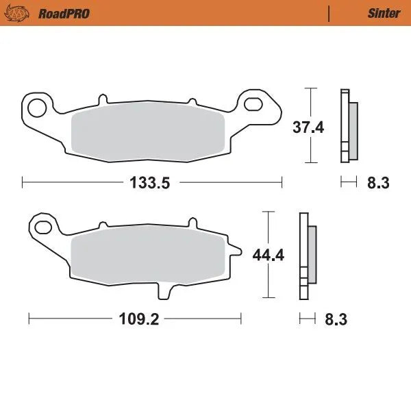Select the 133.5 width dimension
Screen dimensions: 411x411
click(152, 183)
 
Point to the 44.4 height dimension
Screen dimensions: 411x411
click(269, 256)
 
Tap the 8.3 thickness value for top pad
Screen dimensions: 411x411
click(378, 183)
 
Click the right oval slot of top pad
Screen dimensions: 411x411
click(254, 104)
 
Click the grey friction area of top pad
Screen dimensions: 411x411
click(150, 135)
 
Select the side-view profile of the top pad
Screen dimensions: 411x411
click(347, 127)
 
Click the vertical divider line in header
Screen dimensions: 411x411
click(329, 13)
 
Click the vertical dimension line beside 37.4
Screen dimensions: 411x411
click(312, 103)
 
